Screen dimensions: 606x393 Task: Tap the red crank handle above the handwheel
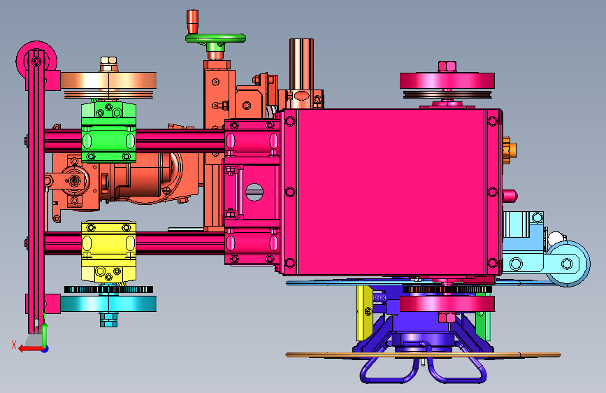coord(192,21)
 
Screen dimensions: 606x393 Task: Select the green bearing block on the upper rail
coord(108,131)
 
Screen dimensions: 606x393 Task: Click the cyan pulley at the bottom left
coord(108,303)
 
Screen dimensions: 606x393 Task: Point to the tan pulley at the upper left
coord(108,81)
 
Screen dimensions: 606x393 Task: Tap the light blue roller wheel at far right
coord(568,264)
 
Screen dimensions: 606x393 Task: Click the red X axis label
coord(14,345)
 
